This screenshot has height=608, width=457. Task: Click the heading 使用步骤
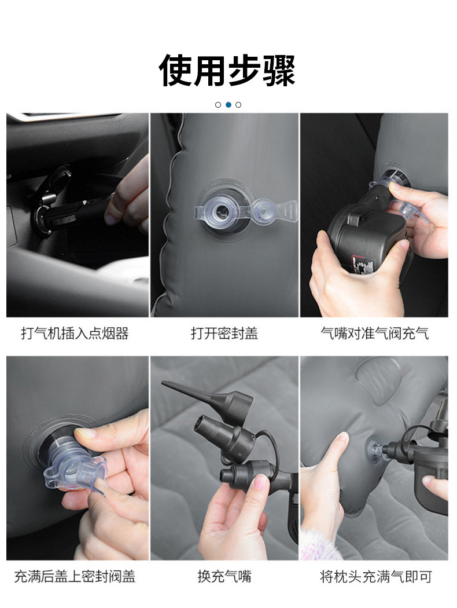pos(227,70)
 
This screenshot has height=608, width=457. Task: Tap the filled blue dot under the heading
pos(228,105)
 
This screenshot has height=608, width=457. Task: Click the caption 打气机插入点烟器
pos(75,333)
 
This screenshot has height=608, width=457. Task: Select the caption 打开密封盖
pos(224,333)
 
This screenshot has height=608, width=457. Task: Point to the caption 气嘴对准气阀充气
pos(374,333)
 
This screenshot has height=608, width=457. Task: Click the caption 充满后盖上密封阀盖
pos(75,576)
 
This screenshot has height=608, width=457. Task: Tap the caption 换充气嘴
pos(224,576)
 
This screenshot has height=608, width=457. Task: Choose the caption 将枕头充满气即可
pos(375,576)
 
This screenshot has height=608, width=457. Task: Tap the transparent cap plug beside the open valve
pos(263,210)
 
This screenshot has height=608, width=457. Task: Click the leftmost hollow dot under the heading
pos(218,105)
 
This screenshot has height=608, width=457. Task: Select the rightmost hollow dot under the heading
pos(238,105)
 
